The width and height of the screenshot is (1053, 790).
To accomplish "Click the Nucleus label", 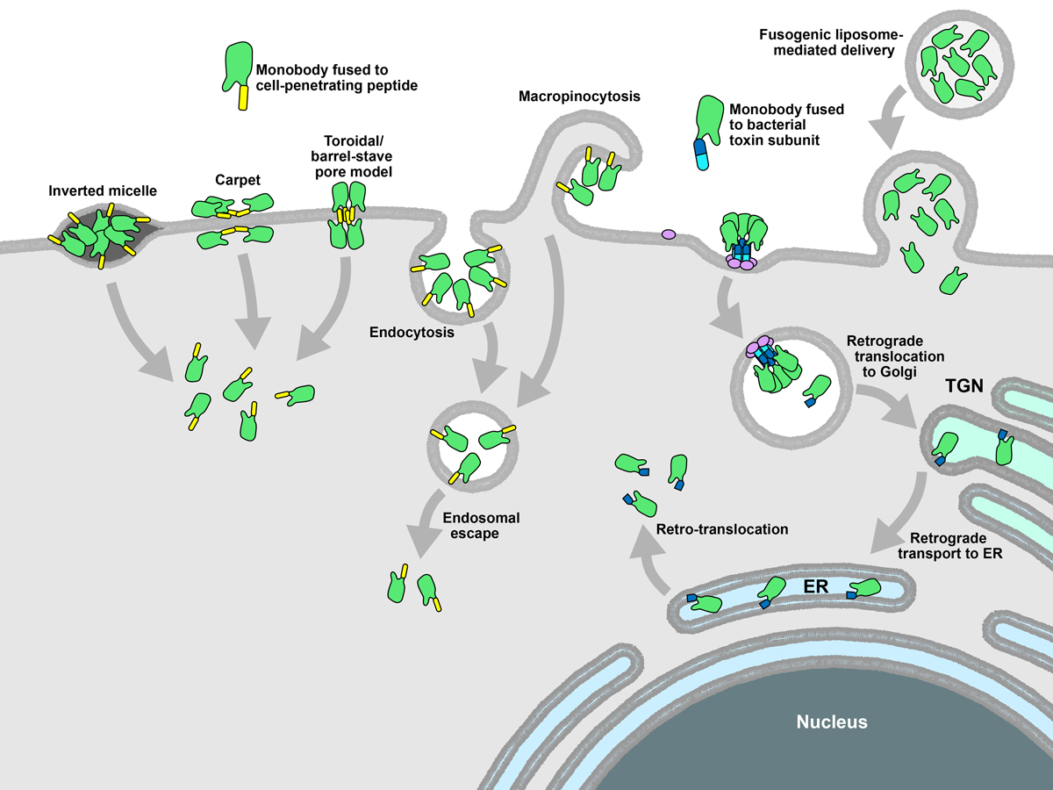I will point(832,722).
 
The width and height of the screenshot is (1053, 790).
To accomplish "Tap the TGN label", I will point(963,384).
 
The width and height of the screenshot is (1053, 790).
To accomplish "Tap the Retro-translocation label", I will point(722,529).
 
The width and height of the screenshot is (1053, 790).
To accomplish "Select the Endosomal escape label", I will point(471,525).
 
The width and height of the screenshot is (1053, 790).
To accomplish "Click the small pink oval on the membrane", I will point(668,234).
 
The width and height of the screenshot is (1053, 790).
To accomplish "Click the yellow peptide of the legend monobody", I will point(242,98).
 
